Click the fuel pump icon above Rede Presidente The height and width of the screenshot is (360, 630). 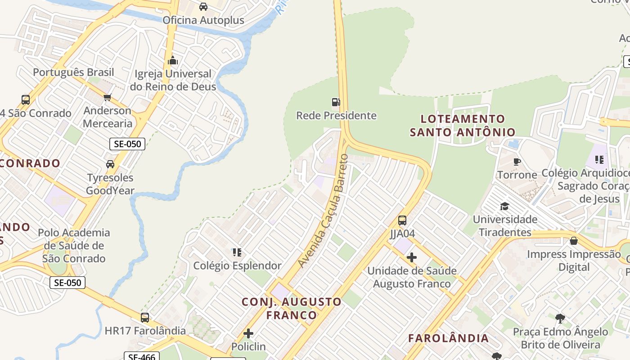pos(336,102)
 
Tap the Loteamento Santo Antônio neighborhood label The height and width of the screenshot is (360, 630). pos(463,126)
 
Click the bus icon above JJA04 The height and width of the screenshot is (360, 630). pos(402,220)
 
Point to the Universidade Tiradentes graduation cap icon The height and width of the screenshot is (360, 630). pos(504,206)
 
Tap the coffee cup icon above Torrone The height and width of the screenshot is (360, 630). pos(517,162)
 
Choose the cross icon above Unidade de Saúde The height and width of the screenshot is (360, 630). pos(411,257)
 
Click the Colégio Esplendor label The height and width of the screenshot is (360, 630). pos(237,265)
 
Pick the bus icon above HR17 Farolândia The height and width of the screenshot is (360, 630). pos(145,318)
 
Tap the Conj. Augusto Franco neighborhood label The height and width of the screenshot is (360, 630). pos(292,308)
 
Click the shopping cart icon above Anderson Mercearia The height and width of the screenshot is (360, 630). pos(108,98)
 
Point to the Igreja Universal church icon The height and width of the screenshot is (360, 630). pos(173,60)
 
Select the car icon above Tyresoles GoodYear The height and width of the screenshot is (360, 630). pos(110,164)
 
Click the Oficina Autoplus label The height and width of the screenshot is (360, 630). pos(203,20)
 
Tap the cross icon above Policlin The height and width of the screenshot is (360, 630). pos(248,333)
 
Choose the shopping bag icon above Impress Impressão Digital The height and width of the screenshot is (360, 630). pos(574,241)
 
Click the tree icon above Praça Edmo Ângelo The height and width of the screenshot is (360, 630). pos(560,319)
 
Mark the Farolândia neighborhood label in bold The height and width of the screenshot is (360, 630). pos(448,338)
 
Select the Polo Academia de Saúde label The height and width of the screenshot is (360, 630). pos(74,245)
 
